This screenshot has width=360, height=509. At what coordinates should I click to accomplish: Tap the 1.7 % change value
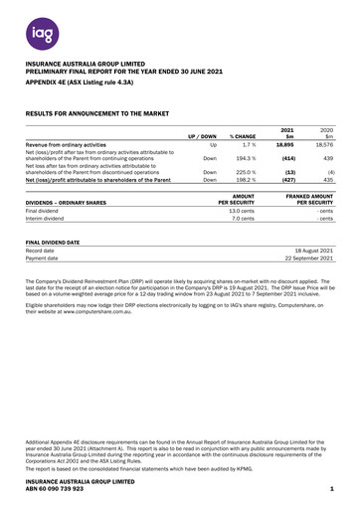[238, 145]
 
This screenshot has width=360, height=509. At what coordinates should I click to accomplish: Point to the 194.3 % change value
[237, 158]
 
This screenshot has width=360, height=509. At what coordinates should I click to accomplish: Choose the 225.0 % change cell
[237, 171]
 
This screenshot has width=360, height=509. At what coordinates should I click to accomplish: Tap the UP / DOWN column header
[196, 135]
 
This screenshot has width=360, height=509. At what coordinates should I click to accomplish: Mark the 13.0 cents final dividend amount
[247, 211]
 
